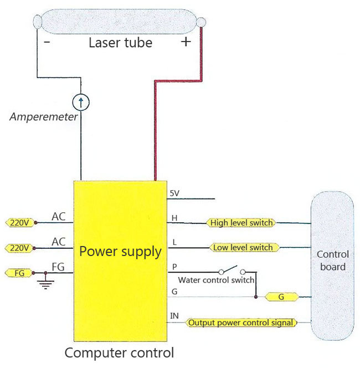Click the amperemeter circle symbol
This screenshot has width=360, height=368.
pyautogui.click(x=81, y=103)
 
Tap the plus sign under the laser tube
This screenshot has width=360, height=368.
pyautogui.click(x=186, y=42)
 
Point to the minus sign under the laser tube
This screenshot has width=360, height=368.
pyautogui.click(x=47, y=42)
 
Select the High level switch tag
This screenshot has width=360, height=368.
pyautogui.click(x=241, y=223)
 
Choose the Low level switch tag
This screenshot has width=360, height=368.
pyautogui.click(x=244, y=247)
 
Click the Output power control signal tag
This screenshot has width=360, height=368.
pyautogui.click(x=241, y=323)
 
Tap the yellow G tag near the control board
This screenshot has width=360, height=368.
pyautogui.click(x=281, y=297)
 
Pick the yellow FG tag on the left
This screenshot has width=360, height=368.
pyautogui.click(x=19, y=273)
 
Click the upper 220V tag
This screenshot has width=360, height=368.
pyautogui.click(x=20, y=222)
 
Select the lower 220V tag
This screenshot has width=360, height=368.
pyautogui.click(x=19, y=248)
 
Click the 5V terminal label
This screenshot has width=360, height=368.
pyautogui.click(x=174, y=193)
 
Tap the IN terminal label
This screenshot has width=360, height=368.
pyautogui.click(x=174, y=316)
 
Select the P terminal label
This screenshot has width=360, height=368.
pyautogui.click(x=174, y=267)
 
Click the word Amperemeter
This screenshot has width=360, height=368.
pyautogui.click(x=44, y=116)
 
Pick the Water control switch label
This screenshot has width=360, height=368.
pyautogui.click(x=216, y=280)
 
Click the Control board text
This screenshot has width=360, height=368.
pyautogui.click(x=333, y=260)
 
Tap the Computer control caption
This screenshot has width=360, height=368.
pyautogui.click(x=119, y=352)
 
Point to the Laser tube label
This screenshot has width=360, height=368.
pyautogui.click(x=121, y=43)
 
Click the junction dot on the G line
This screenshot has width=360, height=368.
pyautogui.click(x=256, y=297)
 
